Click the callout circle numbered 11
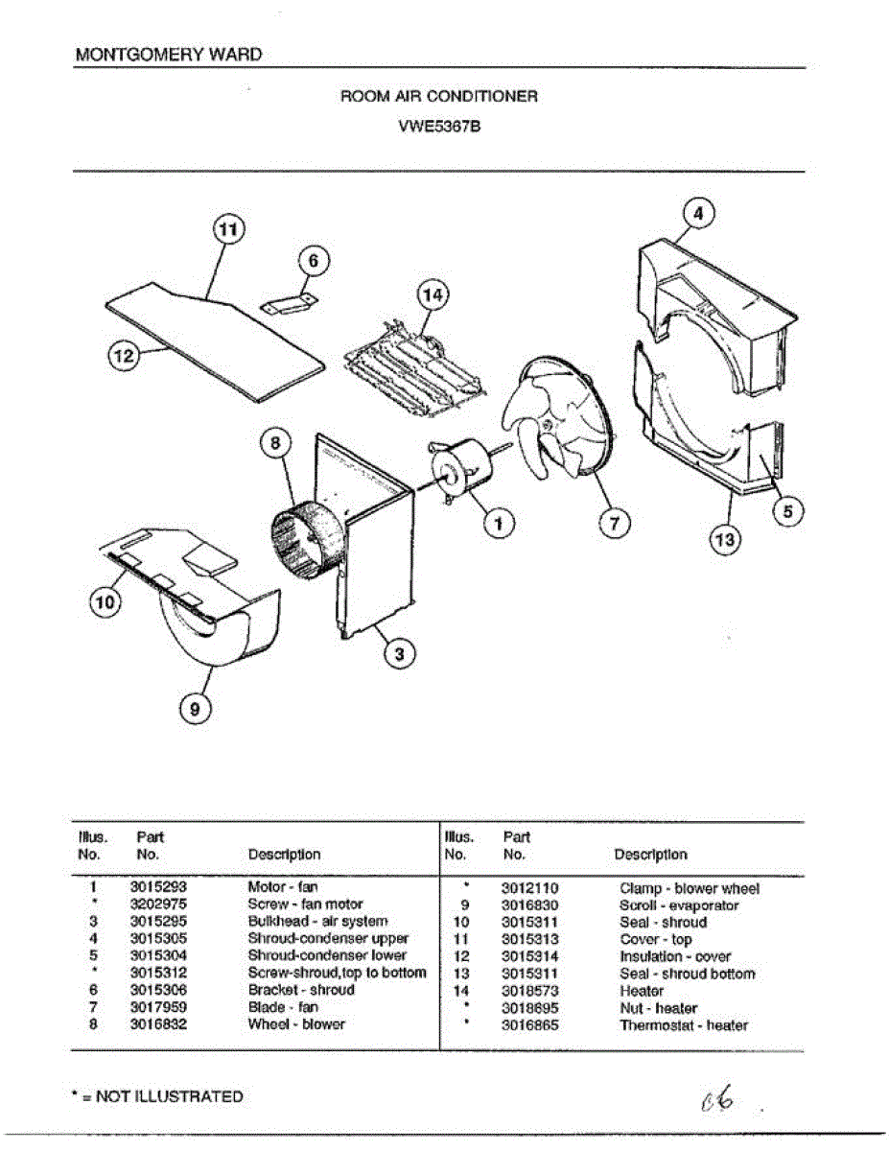(226, 230)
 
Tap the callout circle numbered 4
(699, 214)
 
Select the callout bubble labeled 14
(433, 296)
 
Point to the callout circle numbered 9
(195, 709)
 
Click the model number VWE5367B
(439, 124)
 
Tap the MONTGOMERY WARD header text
(168, 55)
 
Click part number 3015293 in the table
(158, 887)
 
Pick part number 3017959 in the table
(158, 1007)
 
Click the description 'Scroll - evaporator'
(679, 905)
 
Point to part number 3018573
(529, 991)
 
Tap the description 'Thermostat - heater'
(684, 1025)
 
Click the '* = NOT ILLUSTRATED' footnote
(159, 1096)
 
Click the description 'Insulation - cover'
(675, 956)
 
